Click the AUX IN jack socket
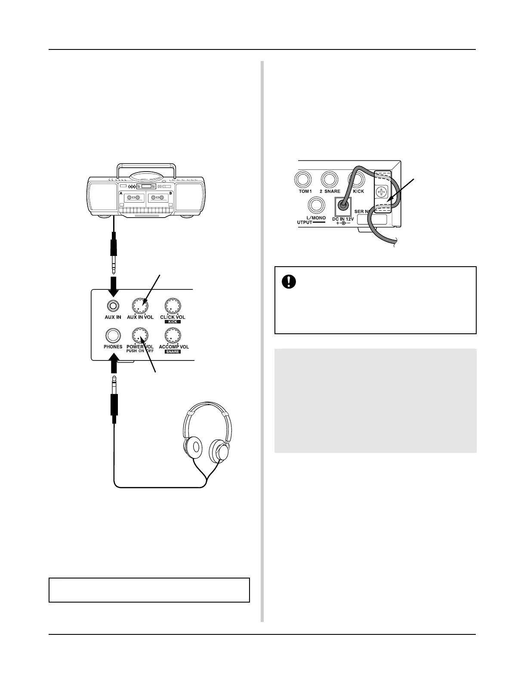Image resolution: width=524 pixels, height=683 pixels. click(x=113, y=306)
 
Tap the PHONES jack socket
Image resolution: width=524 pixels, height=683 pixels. click(x=113, y=335)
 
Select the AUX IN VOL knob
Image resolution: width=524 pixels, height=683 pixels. click(x=140, y=306)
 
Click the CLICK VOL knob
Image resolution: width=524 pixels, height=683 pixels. click(x=173, y=306)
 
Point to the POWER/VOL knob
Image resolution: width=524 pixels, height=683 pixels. click(x=140, y=335)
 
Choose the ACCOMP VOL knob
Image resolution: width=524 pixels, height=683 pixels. click(x=173, y=335)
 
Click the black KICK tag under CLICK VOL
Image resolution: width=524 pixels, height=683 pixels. click(x=173, y=322)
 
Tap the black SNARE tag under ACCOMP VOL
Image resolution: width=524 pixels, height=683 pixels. click(x=173, y=351)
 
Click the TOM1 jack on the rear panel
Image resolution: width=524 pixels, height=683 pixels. click(x=304, y=179)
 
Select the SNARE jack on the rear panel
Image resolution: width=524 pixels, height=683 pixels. click(x=330, y=179)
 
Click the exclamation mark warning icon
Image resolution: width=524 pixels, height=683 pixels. click(x=287, y=281)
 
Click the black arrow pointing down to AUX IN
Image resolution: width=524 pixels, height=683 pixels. click(x=114, y=286)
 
